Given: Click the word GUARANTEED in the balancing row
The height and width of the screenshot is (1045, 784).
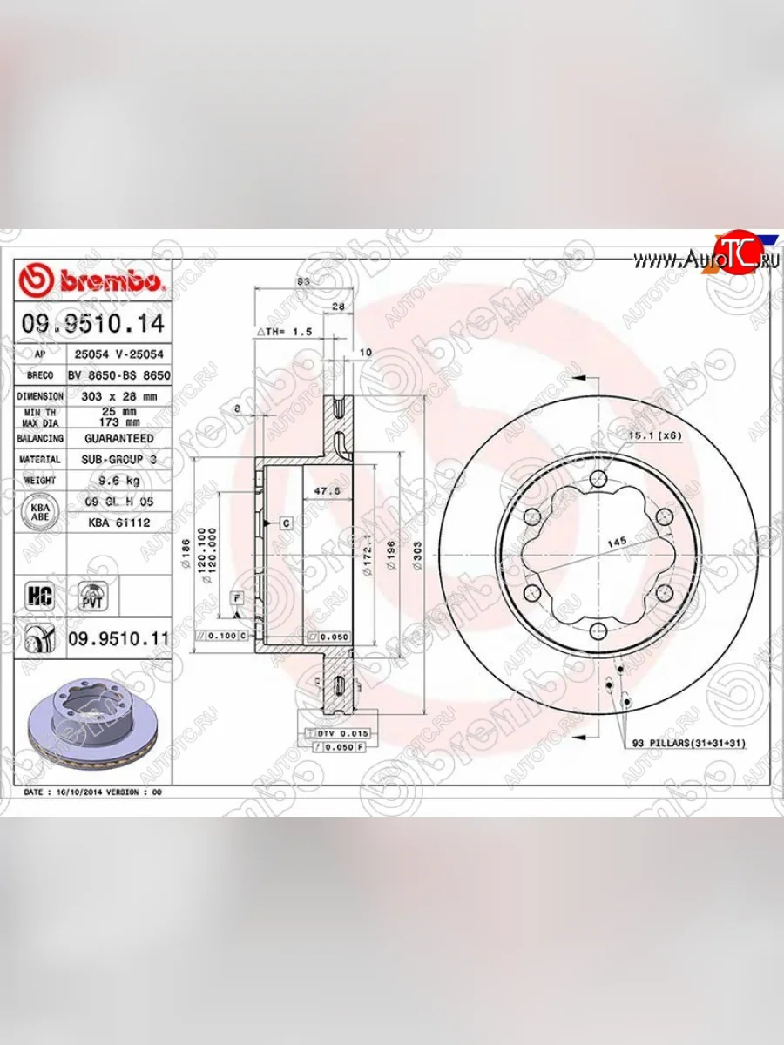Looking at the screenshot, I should tap(118, 438).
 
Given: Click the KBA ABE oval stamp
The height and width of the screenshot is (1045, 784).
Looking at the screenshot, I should tap(38, 511).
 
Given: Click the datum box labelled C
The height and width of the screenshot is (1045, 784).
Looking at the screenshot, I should tap(285, 522).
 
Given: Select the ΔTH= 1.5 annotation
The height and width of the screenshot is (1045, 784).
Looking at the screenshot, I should tap(283, 332).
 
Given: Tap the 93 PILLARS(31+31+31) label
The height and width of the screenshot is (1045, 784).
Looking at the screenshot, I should tap(688, 743).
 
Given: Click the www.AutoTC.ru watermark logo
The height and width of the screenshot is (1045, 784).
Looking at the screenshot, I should tap(706, 259).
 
